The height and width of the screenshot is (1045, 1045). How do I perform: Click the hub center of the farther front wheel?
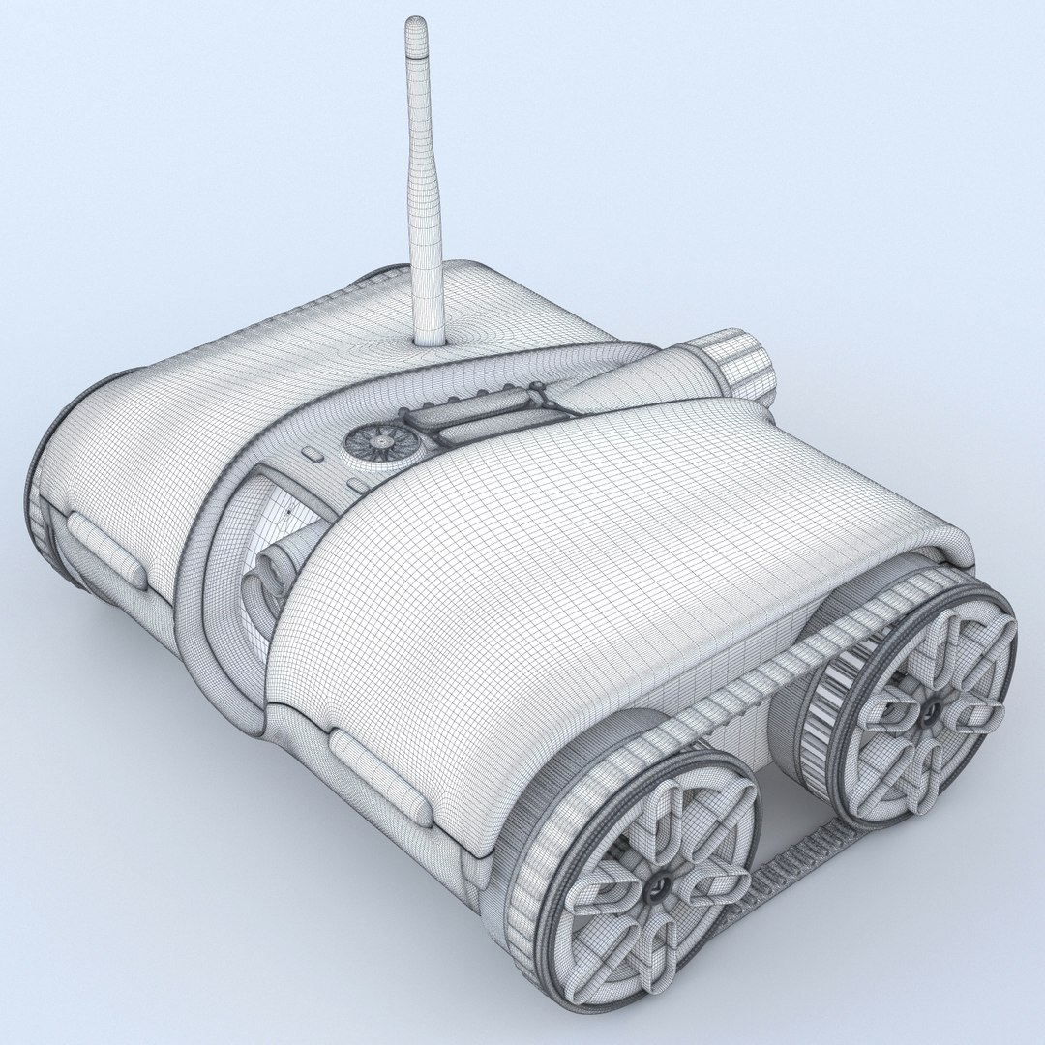pos(931,714)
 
